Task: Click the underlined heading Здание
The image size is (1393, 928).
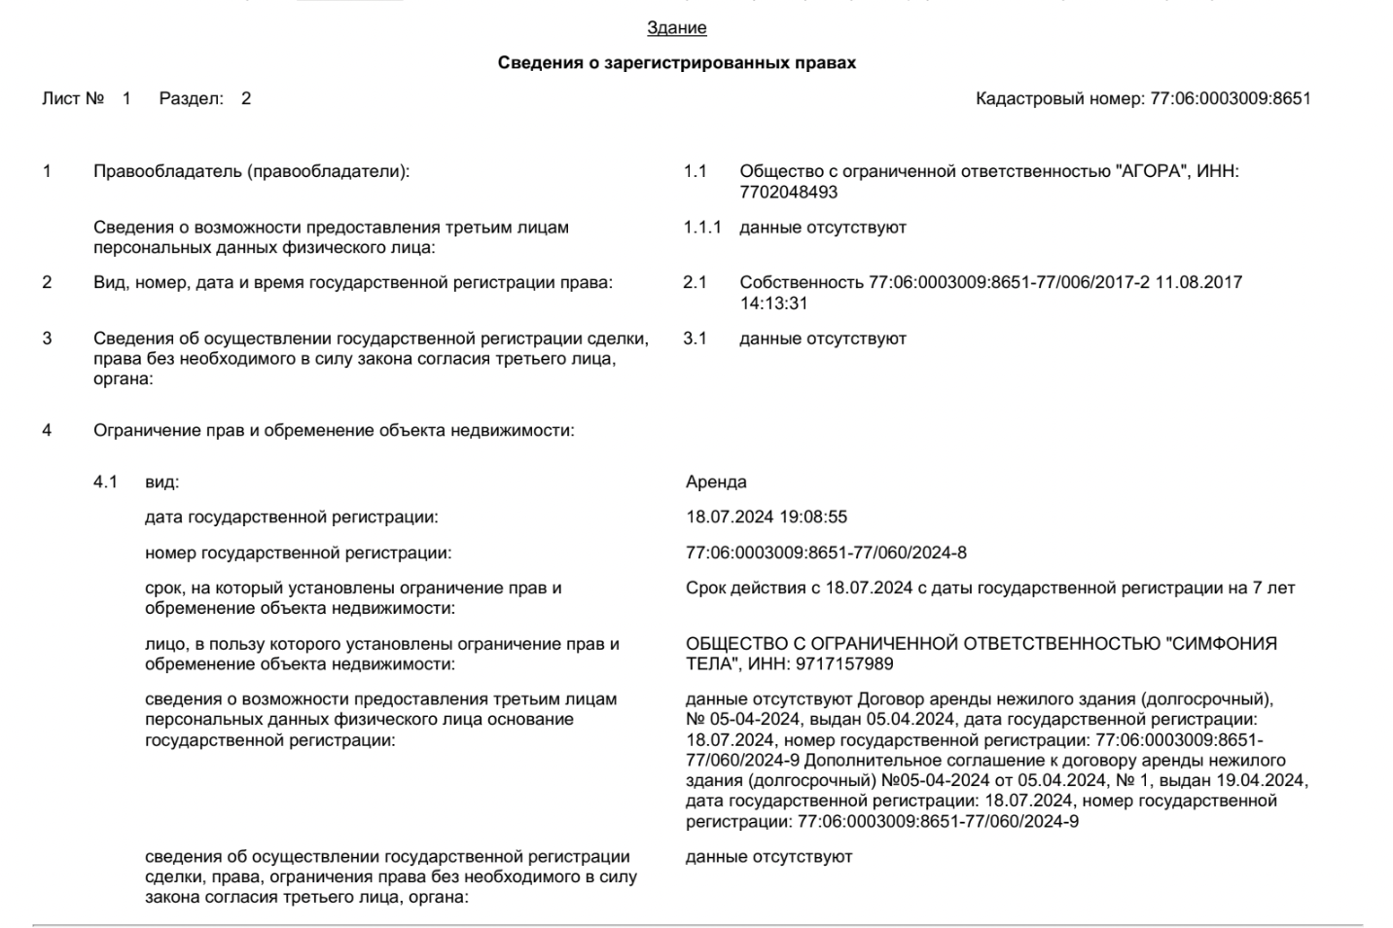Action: [x=676, y=28]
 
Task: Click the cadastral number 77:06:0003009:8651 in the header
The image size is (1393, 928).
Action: [x=1230, y=98]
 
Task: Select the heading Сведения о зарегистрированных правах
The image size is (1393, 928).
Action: [x=676, y=63]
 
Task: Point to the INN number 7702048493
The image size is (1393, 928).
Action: [x=788, y=192]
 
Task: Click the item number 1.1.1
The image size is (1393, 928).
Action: [x=701, y=228]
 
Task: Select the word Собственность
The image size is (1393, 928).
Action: [x=802, y=283]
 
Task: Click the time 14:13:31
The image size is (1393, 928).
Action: [x=773, y=303]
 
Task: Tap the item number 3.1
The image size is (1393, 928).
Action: [x=695, y=339]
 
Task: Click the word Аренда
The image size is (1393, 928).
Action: [x=716, y=482]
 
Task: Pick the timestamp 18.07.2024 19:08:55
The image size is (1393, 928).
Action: [x=767, y=518]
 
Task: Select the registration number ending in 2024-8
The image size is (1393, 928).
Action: [x=826, y=553]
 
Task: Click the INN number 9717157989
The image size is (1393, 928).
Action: [x=844, y=664]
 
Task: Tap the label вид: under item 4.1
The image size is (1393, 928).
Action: [x=161, y=482]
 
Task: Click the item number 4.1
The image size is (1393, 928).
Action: [x=105, y=482]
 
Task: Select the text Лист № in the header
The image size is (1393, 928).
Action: [x=73, y=98]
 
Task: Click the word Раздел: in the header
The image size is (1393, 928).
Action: [x=191, y=98]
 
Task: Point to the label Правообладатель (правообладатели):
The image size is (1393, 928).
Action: [x=251, y=172]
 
